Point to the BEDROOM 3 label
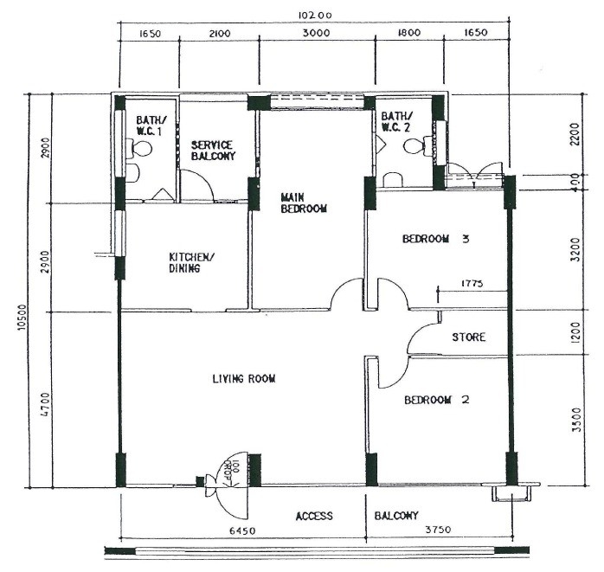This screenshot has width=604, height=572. [x=436, y=240]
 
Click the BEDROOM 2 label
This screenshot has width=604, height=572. [x=436, y=400]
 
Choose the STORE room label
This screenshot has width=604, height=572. [x=468, y=337]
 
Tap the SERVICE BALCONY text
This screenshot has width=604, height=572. [x=213, y=151]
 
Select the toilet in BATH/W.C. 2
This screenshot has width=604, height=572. [x=416, y=146]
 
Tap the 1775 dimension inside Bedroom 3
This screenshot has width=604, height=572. [x=472, y=283]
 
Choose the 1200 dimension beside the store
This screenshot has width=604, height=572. [x=576, y=333]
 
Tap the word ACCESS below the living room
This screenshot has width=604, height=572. [x=314, y=516]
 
